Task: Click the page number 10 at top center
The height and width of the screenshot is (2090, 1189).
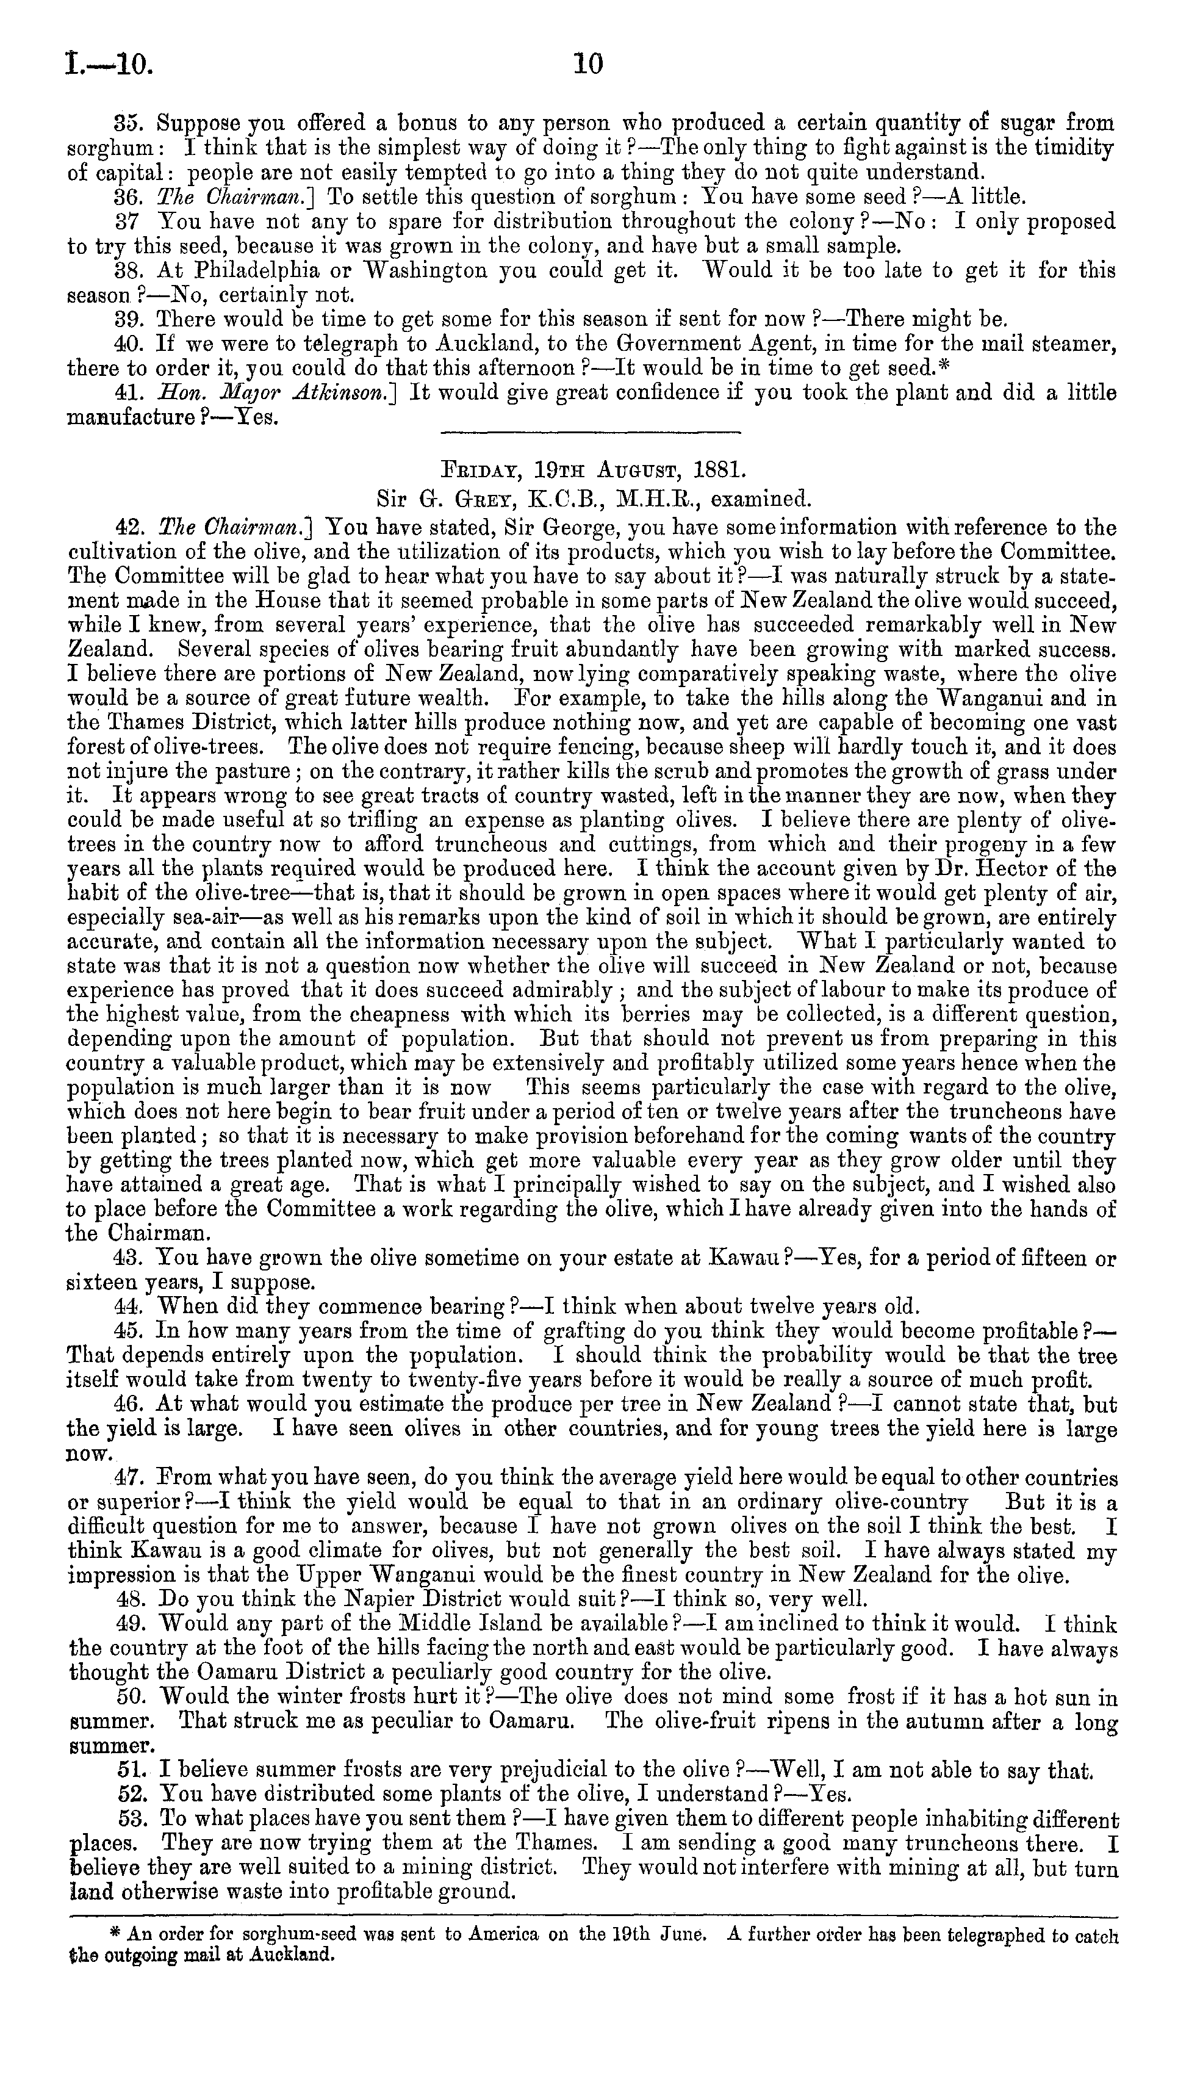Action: pyautogui.click(x=588, y=63)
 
